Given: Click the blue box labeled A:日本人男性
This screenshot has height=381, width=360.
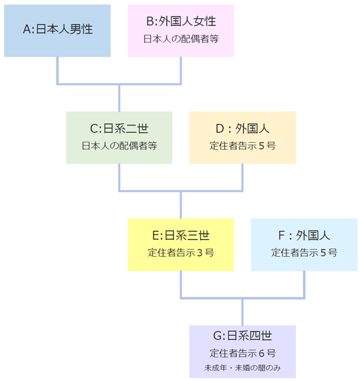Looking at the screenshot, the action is click(57, 30).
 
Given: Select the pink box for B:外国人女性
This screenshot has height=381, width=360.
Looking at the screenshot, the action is click(181, 30).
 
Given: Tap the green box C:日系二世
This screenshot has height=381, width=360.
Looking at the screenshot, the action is click(119, 138).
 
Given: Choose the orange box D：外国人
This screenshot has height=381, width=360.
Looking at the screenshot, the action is click(243, 138).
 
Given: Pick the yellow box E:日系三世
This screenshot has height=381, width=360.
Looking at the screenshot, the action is click(181, 244).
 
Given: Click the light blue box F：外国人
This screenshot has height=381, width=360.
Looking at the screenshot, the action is click(304, 244).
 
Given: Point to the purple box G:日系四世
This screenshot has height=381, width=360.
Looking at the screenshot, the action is click(243, 352).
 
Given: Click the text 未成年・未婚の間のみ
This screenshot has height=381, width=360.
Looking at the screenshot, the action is click(243, 368).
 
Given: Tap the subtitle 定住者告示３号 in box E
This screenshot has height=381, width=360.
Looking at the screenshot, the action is click(181, 253).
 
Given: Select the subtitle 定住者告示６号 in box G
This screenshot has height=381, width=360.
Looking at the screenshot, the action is click(243, 353).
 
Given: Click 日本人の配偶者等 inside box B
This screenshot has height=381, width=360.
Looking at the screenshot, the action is click(181, 39).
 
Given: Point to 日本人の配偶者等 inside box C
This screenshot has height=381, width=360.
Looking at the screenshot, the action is click(119, 146).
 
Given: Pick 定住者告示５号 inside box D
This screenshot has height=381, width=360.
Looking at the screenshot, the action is click(243, 146).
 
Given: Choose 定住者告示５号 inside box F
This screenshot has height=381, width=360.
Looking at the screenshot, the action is click(304, 253).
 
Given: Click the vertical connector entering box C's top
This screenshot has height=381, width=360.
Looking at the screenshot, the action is click(119, 98).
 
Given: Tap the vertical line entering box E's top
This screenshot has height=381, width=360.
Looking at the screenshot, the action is click(181, 205).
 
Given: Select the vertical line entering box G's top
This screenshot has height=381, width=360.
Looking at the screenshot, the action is click(243, 312).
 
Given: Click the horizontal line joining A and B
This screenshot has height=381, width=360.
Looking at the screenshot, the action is click(119, 84).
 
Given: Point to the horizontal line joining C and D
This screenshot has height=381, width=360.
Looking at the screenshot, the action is click(181, 191).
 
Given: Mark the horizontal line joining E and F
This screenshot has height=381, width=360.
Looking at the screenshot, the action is click(243, 298).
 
